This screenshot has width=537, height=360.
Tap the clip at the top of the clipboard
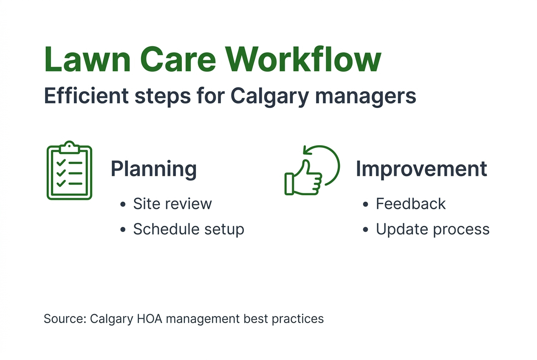coord(69,147)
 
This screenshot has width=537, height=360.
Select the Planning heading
coord(153,169)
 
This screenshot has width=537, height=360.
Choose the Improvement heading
coord(421,169)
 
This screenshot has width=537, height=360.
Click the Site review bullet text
coord(172,204)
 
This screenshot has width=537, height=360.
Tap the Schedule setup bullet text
coord(189,229)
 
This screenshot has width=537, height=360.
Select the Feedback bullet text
coord(410,204)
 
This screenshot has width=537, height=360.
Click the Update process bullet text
coord(432,229)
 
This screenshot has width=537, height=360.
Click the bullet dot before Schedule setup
coord(123,230)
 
